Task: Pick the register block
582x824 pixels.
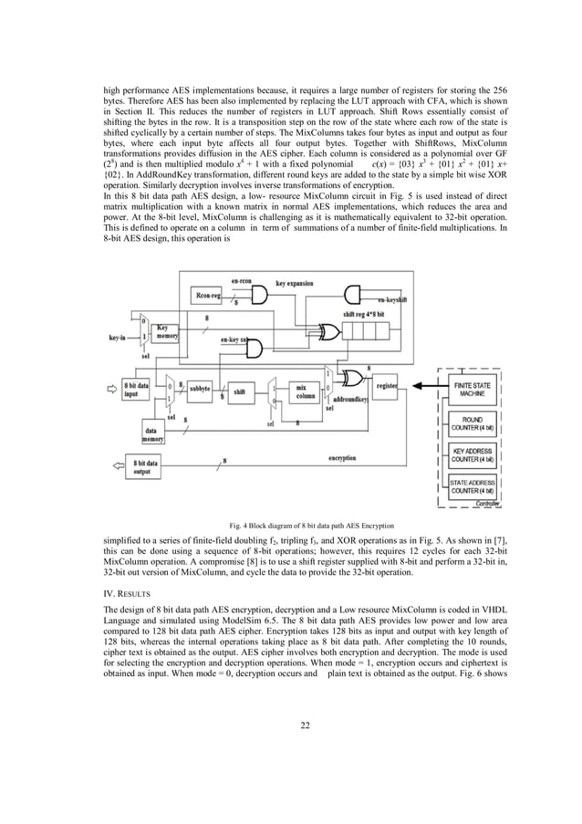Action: click(386, 386)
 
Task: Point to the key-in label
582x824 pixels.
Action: click(117, 338)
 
